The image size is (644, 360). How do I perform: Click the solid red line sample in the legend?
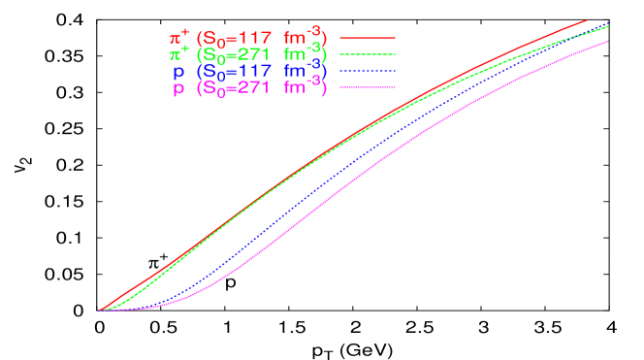pyautogui.click(x=369, y=38)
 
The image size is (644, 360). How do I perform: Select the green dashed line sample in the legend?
pyautogui.click(x=369, y=54)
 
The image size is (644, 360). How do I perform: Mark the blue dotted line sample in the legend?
pyautogui.click(x=369, y=71)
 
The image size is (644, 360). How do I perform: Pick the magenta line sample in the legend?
pyautogui.click(x=369, y=87)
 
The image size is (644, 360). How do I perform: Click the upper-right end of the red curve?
pyautogui.click(x=587, y=19)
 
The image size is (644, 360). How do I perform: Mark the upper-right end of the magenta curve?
pyautogui.click(x=607, y=42)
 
